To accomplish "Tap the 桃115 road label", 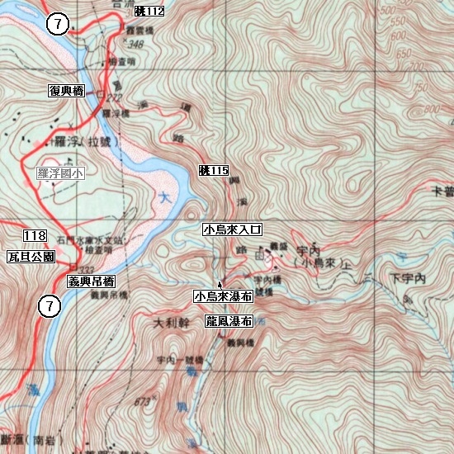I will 213,171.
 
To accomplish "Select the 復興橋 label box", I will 67,90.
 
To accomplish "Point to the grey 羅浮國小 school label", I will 60,173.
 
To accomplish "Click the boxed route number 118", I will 35,237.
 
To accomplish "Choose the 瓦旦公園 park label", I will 31,257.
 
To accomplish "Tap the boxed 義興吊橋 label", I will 92,281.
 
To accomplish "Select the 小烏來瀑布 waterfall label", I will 223,296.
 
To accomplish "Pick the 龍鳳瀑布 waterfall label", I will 229,321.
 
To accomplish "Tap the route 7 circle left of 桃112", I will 57,24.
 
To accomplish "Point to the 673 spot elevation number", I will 145,400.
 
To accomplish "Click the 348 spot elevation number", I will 135,44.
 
